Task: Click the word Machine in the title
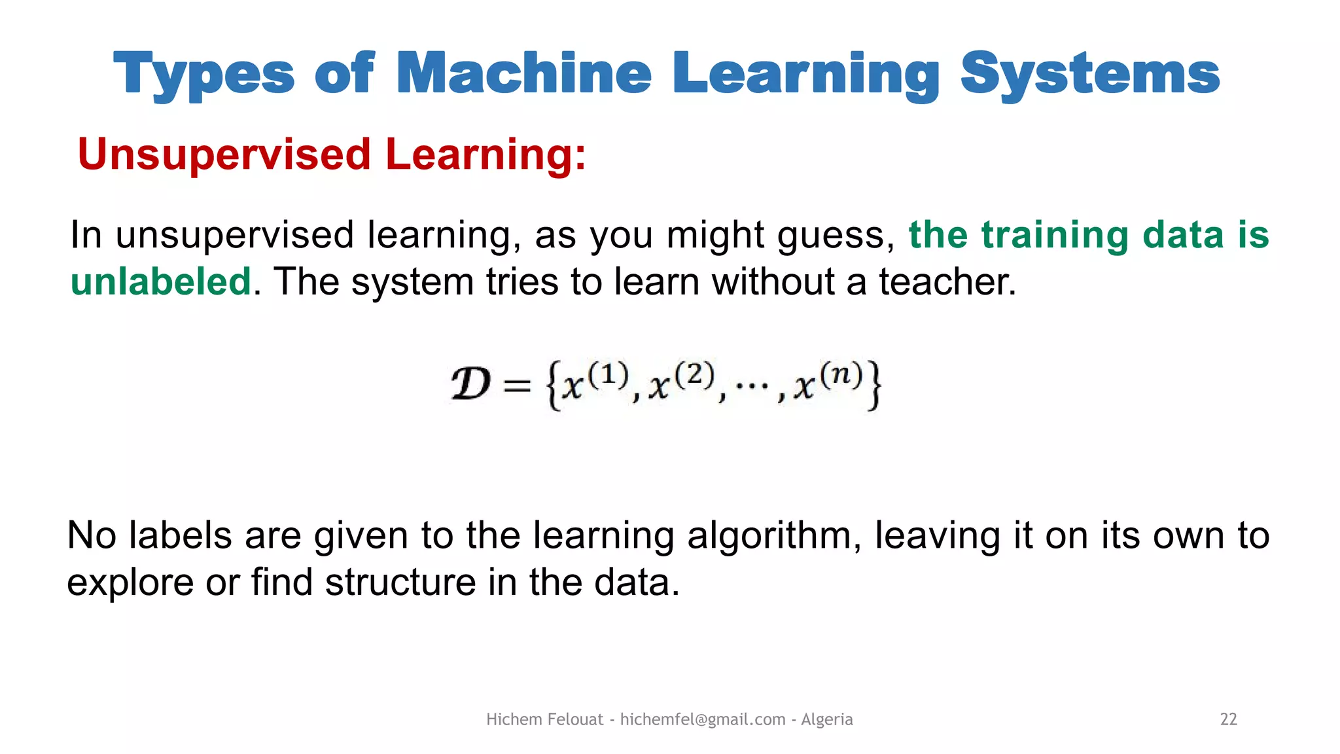pyautogui.click(x=523, y=73)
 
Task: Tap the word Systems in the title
pyautogui.click(x=1089, y=73)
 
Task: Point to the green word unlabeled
pyautogui.click(x=160, y=281)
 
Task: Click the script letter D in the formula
pyautogui.click(x=470, y=385)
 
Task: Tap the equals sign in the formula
pyautogui.click(x=517, y=386)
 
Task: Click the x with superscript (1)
pyautogui.click(x=573, y=387)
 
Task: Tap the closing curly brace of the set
pyautogui.click(x=873, y=386)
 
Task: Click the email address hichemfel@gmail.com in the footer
pyautogui.click(x=702, y=719)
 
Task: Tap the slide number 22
pyautogui.click(x=1228, y=719)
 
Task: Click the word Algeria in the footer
pyautogui.click(x=826, y=719)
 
